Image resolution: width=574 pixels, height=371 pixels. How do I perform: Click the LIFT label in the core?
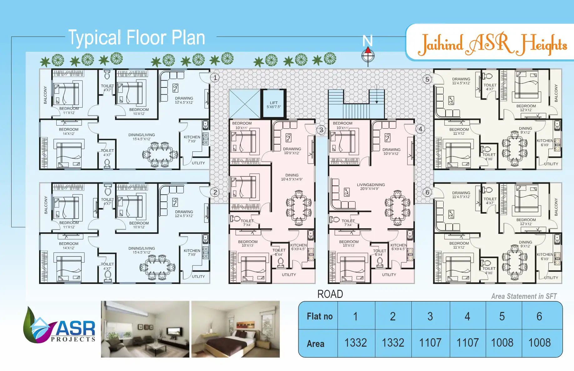(x=274, y=105)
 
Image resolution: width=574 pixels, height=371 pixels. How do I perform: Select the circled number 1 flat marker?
(x=215, y=77)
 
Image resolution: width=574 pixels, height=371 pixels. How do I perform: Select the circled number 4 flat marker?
(x=420, y=129)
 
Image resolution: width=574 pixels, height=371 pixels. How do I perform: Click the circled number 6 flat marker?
(x=427, y=192)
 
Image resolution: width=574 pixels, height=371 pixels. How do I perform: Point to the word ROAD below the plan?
(x=330, y=294)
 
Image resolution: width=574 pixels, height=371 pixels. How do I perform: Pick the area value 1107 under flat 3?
(x=430, y=343)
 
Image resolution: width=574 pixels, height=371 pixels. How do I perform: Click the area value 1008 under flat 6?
(x=539, y=343)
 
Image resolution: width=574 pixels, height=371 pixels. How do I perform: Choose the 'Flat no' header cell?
(x=320, y=316)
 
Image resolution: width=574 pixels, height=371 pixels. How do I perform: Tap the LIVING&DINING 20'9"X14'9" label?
(x=371, y=187)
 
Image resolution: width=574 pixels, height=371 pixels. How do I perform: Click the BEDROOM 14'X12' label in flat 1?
(x=69, y=131)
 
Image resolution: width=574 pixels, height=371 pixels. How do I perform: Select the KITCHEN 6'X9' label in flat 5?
(x=545, y=143)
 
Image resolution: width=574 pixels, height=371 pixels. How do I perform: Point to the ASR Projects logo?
(x=59, y=326)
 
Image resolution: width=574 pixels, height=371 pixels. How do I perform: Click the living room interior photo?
(x=145, y=329)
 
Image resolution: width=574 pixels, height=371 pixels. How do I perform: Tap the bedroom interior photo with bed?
(x=235, y=329)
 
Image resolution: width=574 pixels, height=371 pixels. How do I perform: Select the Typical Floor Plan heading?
(x=137, y=38)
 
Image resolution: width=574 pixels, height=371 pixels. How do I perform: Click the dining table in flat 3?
(x=299, y=208)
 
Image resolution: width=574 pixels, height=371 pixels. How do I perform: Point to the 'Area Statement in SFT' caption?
(x=524, y=296)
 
